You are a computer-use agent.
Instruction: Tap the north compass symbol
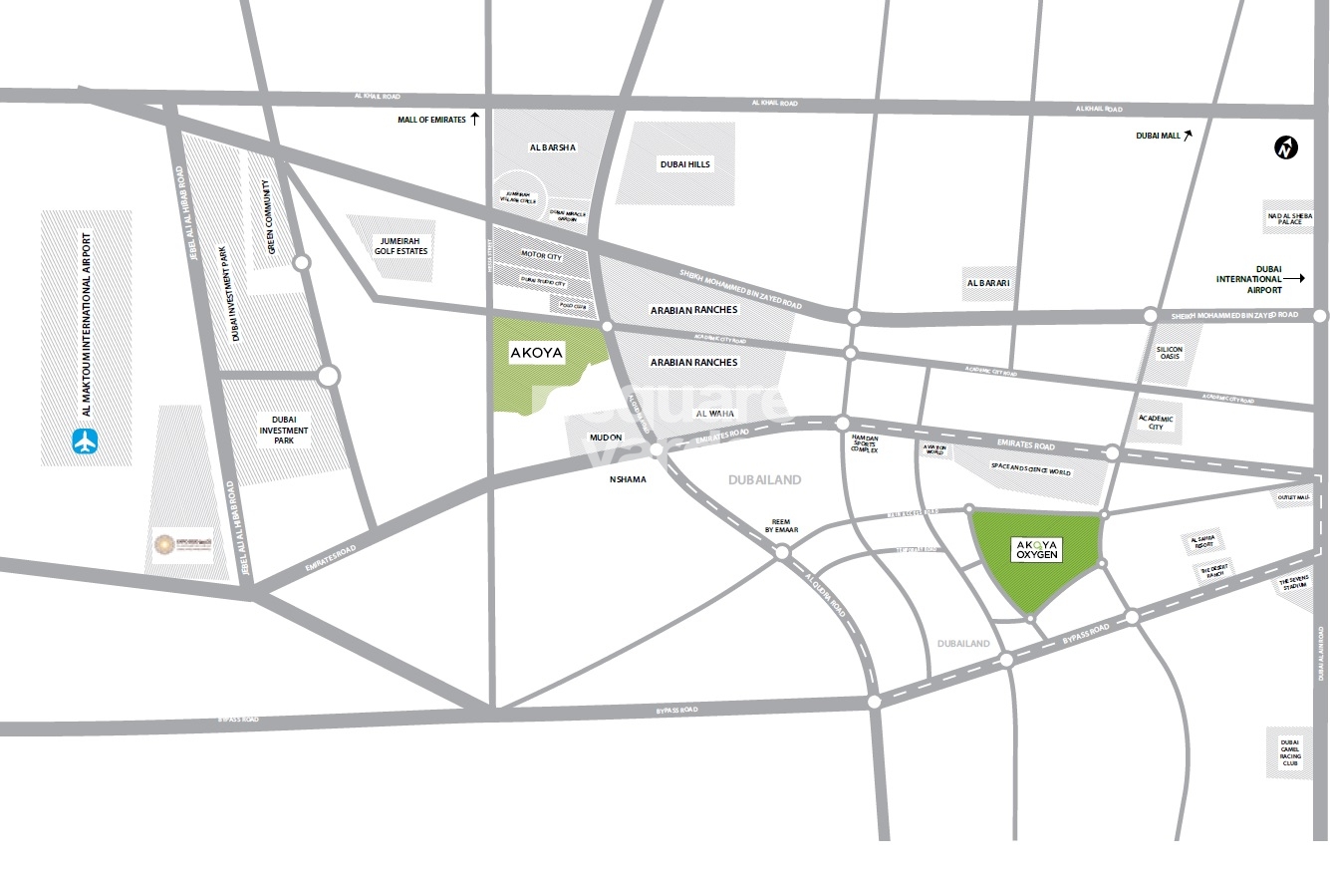coord(1286,148)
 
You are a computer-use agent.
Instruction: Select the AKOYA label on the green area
coord(536,353)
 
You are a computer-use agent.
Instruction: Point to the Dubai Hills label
coord(686,164)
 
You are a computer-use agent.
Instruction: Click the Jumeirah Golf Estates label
coord(402,245)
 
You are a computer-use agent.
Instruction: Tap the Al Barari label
coord(988,283)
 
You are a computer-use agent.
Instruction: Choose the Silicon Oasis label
coord(1169,352)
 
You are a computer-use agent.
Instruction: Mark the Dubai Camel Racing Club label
coord(1290,752)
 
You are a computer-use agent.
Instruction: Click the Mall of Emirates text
coord(431,120)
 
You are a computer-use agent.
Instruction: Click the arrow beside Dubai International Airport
coord(1293,279)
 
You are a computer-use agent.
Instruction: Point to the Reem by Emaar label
coord(782,525)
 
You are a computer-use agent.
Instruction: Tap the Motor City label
coord(541,257)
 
